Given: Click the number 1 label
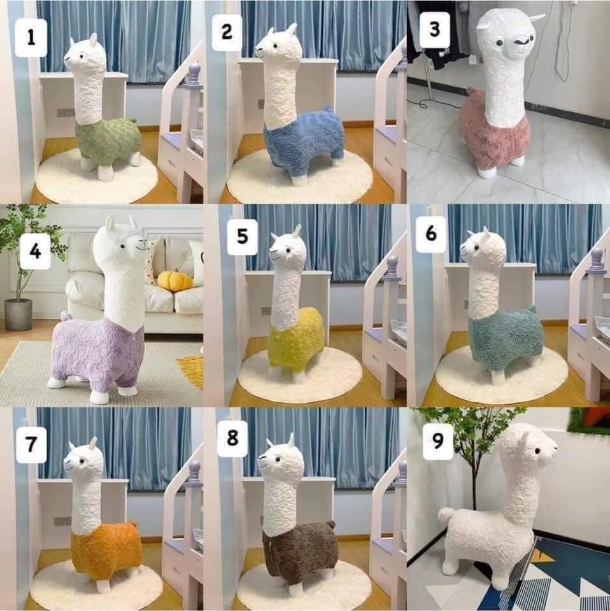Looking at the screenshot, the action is (x=31, y=38).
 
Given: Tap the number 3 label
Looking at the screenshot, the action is (x=435, y=30).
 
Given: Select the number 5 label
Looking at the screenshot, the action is (x=243, y=237).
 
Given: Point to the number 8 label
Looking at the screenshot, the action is (x=232, y=438).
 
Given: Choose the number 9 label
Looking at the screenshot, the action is (x=437, y=441).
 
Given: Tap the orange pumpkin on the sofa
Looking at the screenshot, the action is (x=175, y=281).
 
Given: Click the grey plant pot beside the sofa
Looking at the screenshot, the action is (x=18, y=314).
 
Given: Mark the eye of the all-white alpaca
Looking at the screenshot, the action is (x=537, y=451).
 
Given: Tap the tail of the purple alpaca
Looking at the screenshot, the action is (x=66, y=316).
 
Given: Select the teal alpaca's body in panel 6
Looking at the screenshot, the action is (x=506, y=338).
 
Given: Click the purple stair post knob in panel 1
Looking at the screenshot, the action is (x=194, y=73).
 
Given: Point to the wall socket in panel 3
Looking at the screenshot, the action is (x=473, y=59).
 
